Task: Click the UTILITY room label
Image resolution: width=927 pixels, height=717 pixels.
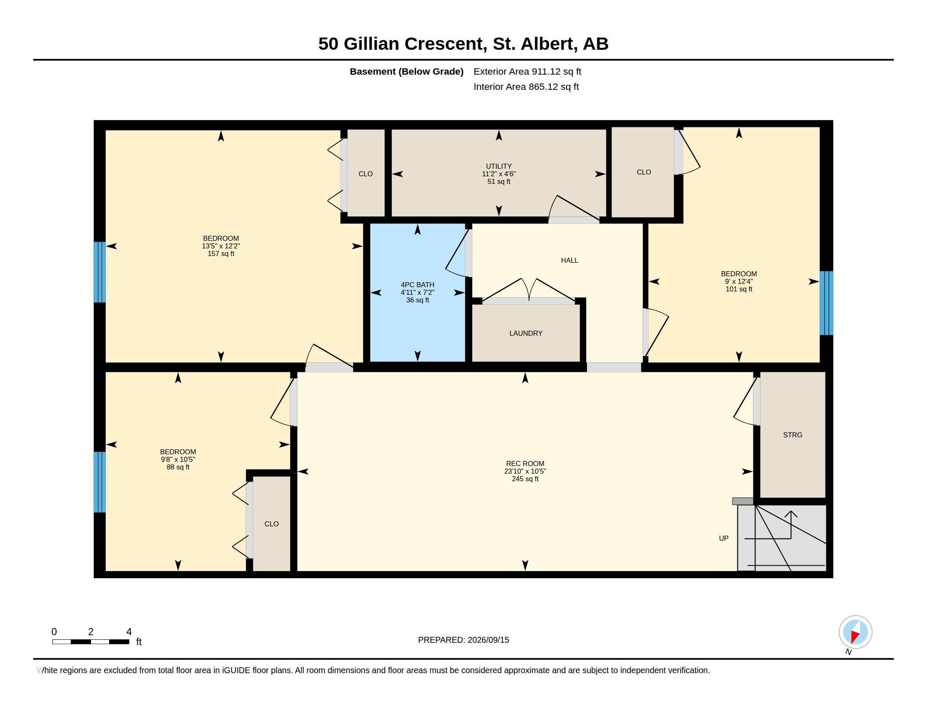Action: point(499,166)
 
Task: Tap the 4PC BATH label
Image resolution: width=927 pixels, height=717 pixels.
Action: point(417,285)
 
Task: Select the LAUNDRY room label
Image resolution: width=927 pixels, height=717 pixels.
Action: point(526,334)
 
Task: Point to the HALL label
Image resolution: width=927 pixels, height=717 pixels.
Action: point(569,260)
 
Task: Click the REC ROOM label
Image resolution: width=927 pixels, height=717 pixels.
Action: point(525,464)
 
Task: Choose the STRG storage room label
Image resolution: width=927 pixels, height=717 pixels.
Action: point(793,435)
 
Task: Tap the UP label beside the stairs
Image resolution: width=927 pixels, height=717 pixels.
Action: point(723,538)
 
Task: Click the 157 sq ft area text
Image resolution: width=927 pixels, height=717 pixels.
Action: point(221,254)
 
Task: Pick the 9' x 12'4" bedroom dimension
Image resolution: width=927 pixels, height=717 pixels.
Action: point(739,282)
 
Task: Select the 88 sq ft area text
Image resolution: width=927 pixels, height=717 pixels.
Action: point(178,467)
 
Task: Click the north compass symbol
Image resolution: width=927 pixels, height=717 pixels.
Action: point(855,632)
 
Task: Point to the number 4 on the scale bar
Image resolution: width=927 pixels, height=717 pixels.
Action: point(129,632)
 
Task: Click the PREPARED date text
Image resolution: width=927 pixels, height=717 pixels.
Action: point(463,640)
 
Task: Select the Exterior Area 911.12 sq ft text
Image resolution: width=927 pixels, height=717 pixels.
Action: point(527,72)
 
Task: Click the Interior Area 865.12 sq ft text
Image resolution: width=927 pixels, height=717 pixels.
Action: point(526,87)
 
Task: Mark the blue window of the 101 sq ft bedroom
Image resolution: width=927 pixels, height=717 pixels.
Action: point(826,303)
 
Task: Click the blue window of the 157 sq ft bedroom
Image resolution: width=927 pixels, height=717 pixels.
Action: point(100,272)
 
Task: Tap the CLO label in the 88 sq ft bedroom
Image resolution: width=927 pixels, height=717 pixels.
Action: point(271,524)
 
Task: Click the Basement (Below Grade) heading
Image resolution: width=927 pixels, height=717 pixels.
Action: point(406,72)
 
